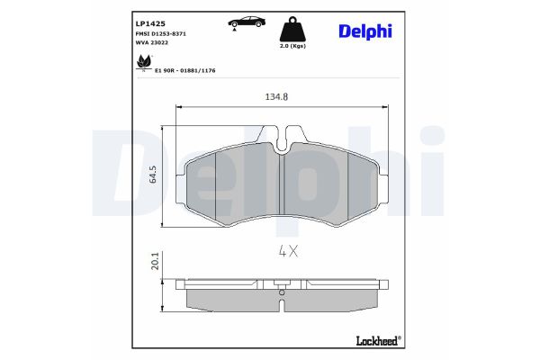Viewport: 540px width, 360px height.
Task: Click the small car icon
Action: click(x=240, y=22)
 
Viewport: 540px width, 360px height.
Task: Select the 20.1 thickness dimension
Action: click(x=155, y=262)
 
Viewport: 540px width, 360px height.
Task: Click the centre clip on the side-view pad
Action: click(x=283, y=290)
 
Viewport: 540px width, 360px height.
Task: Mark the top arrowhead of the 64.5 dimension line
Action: click(x=162, y=127)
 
